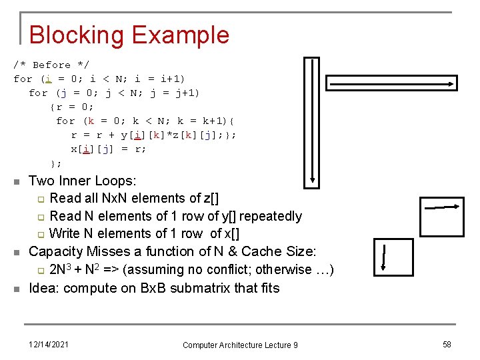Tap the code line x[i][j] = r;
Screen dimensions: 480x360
(108, 149)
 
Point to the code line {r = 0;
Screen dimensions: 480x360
(72, 107)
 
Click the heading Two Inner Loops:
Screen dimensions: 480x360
(83, 181)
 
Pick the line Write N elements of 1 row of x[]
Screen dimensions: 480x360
(144, 233)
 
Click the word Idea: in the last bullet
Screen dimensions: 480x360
(45, 288)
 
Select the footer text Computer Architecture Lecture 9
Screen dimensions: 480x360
(240, 345)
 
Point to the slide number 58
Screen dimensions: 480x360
(447, 344)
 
